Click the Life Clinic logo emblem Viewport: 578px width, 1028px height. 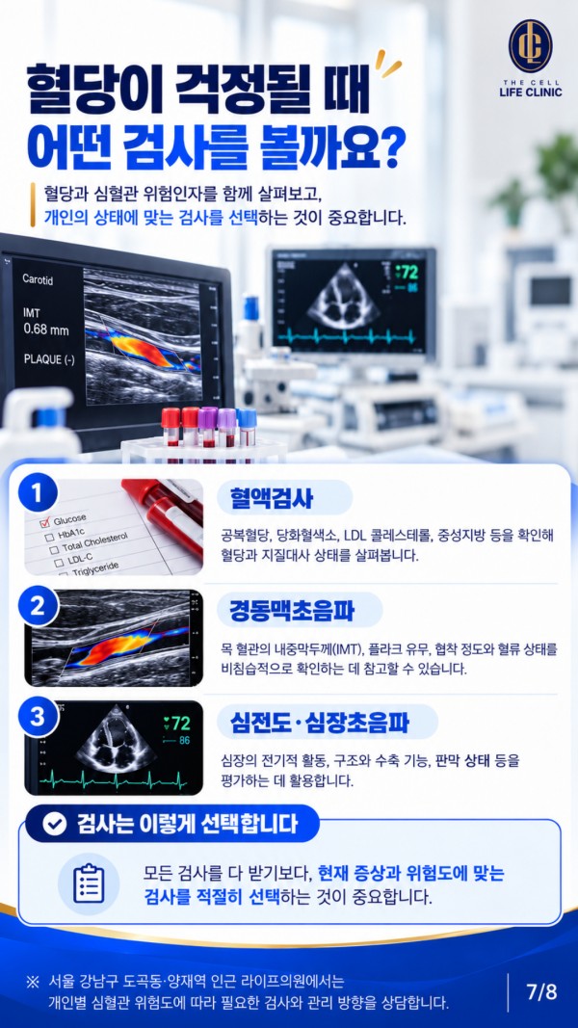click(x=530, y=46)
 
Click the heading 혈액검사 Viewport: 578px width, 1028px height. click(x=272, y=498)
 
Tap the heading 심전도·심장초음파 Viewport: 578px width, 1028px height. click(x=319, y=722)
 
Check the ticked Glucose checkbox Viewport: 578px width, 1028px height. click(x=45, y=523)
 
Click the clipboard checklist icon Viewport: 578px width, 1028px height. click(x=89, y=883)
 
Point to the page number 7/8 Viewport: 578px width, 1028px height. click(x=541, y=992)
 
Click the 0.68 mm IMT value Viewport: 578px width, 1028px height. click(x=46, y=329)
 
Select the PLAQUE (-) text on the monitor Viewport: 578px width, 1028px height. click(x=49, y=358)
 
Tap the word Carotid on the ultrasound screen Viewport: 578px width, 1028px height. click(x=38, y=279)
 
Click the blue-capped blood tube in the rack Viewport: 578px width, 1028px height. click(x=247, y=428)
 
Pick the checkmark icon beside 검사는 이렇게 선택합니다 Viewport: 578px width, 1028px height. click(x=54, y=824)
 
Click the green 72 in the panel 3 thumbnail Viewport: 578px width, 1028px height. click(x=177, y=724)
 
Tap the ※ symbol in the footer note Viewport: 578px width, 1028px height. click(x=32, y=982)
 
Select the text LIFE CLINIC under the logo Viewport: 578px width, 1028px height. click(x=530, y=92)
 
